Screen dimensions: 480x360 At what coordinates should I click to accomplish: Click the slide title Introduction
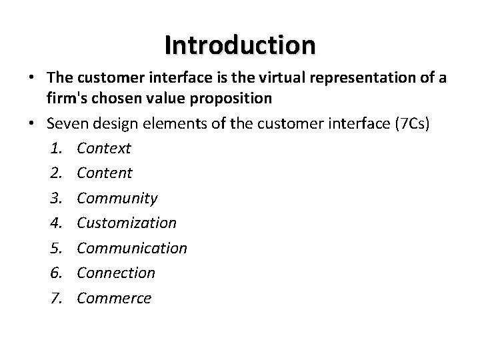point(240,45)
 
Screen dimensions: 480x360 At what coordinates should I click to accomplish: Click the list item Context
point(104,148)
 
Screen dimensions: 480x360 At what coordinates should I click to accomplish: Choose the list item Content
point(105,173)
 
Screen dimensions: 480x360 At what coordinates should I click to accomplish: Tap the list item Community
point(117,198)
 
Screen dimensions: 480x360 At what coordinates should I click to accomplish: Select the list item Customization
point(127,223)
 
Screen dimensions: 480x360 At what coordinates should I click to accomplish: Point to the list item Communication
point(132,248)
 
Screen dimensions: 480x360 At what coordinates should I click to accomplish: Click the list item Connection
point(116,273)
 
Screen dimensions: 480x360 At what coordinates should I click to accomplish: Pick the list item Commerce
point(114,298)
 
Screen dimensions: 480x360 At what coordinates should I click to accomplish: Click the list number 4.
point(55,223)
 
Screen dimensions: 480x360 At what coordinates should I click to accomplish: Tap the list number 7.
point(55,298)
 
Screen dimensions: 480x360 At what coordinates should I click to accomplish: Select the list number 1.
point(55,148)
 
